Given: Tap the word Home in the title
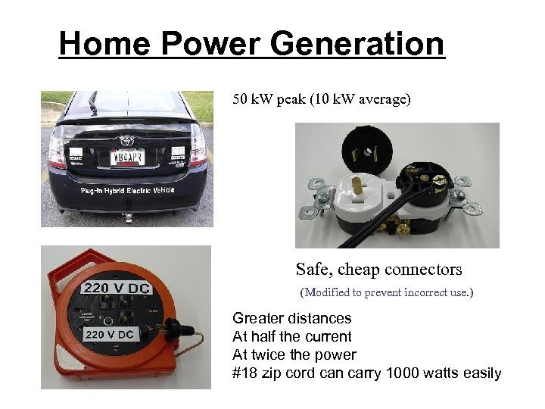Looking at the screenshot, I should (104, 44).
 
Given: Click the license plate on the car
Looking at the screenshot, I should (127, 157).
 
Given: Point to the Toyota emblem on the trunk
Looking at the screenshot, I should (126, 139).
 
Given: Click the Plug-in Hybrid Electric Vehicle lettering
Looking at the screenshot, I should (126, 190).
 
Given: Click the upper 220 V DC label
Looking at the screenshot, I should (117, 288).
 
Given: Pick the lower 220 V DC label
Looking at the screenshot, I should (110, 334).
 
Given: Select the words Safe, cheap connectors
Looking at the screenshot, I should (378, 269).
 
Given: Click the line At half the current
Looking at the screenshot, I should (292, 336).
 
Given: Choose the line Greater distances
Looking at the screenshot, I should (292, 318).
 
